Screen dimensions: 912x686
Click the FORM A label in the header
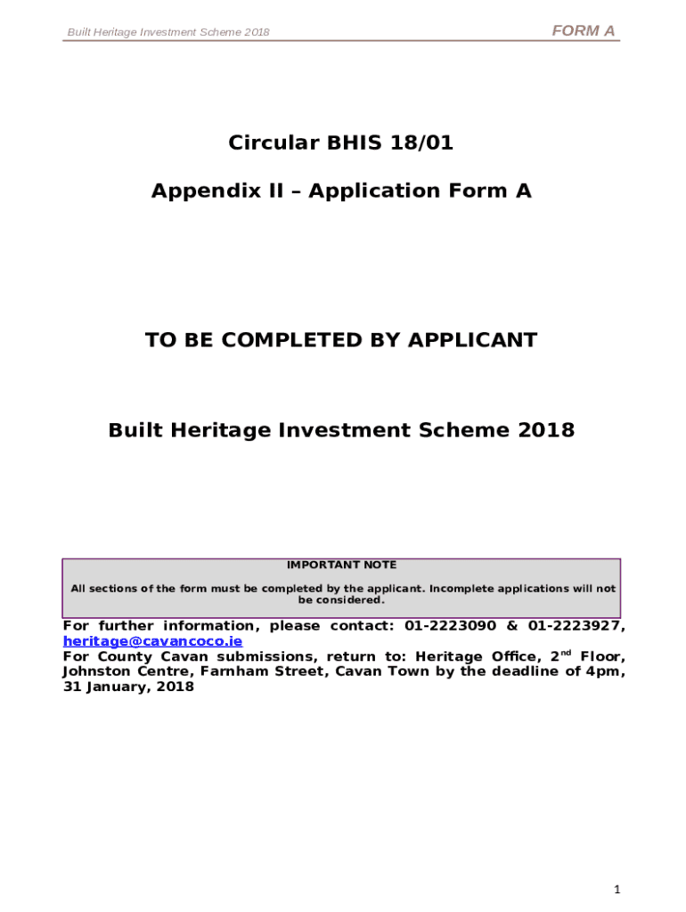coord(584,31)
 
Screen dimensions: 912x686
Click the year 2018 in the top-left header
coord(256,33)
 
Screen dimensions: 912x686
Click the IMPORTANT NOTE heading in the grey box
coord(341,565)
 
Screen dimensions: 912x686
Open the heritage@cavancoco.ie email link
coord(152,641)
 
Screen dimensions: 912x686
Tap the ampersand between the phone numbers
coord(511,626)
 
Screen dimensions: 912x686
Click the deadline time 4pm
coord(606,672)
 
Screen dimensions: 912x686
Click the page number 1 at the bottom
coord(616,890)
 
